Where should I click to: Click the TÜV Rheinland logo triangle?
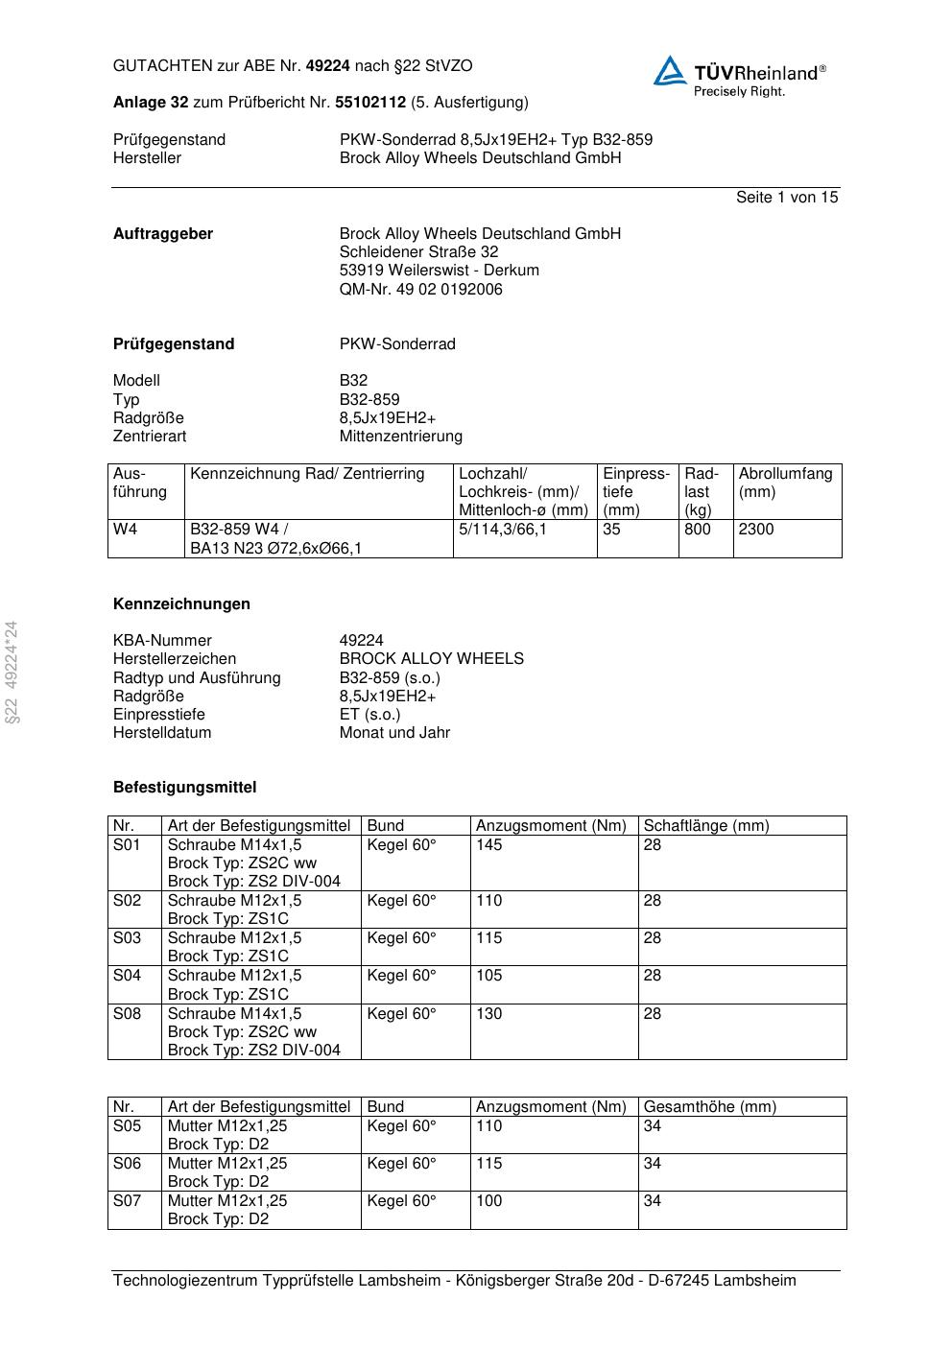(670, 71)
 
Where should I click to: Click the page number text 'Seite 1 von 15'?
(786, 198)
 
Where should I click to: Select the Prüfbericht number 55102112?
(370, 103)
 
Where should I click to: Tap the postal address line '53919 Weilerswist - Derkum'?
(439, 271)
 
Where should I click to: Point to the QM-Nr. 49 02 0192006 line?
(420, 290)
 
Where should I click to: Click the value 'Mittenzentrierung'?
(400, 437)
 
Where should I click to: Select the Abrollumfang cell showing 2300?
(756, 530)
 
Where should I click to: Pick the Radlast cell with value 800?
(698, 530)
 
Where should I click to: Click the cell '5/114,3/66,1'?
(503, 530)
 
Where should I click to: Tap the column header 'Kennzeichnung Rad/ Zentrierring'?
(307, 474)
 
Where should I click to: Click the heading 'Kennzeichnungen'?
(181, 604)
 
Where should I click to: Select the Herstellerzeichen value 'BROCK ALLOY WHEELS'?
(431, 659)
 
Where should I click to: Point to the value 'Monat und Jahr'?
(394, 733)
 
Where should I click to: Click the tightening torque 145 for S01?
(489, 845)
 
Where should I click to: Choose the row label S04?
(127, 976)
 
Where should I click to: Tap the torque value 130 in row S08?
(489, 1014)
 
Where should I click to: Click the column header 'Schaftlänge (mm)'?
(705, 826)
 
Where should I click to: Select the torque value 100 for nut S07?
(489, 1201)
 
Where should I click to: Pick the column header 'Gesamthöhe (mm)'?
(709, 1107)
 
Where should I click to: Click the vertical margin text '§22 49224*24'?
(12, 672)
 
